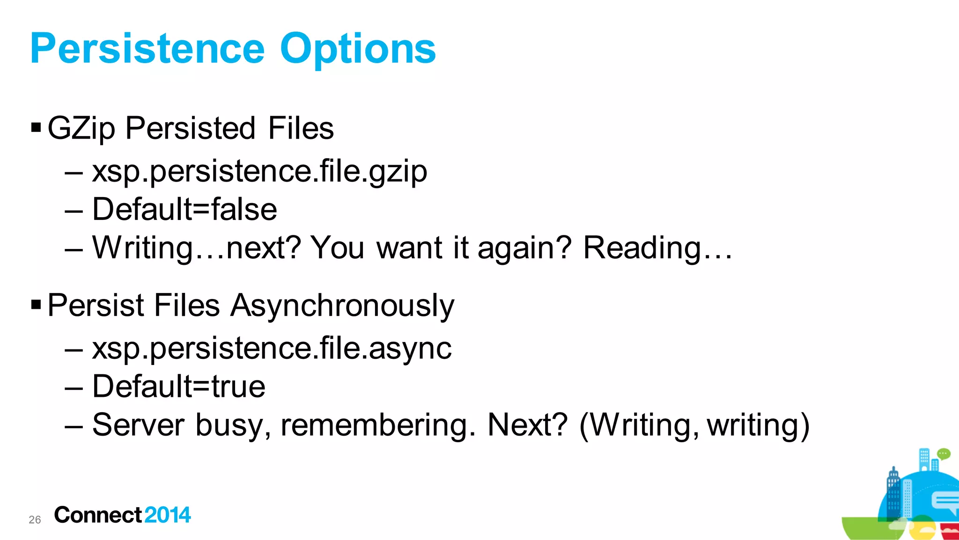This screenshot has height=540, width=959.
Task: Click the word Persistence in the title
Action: click(148, 49)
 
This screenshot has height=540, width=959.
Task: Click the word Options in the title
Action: click(358, 49)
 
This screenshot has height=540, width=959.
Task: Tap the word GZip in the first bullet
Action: click(81, 128)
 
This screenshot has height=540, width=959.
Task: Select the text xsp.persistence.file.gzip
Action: click(259, 171)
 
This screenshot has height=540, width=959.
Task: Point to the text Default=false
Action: click(184, 209)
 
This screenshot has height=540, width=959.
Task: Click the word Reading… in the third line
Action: click(657, 248)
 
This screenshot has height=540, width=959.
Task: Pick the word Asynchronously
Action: click(342, 306)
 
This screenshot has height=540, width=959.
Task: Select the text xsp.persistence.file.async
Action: click(272, 348)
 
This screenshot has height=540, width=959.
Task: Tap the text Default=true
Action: click(179, 387)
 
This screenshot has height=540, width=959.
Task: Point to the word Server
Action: click(139, 425)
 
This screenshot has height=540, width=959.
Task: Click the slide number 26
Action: click(35, 519)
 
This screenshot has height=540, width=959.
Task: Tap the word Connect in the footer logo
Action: click(98, 515)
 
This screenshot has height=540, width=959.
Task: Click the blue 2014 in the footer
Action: click(168, 515)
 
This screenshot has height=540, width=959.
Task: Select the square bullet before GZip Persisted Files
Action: click(36, 127)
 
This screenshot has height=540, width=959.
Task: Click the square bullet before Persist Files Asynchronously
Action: click(36, 305)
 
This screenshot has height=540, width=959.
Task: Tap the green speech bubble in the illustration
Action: click(944, 453)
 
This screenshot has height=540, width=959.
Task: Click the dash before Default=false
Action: click(74, 211)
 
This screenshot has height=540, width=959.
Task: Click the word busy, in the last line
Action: click(233, 425)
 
